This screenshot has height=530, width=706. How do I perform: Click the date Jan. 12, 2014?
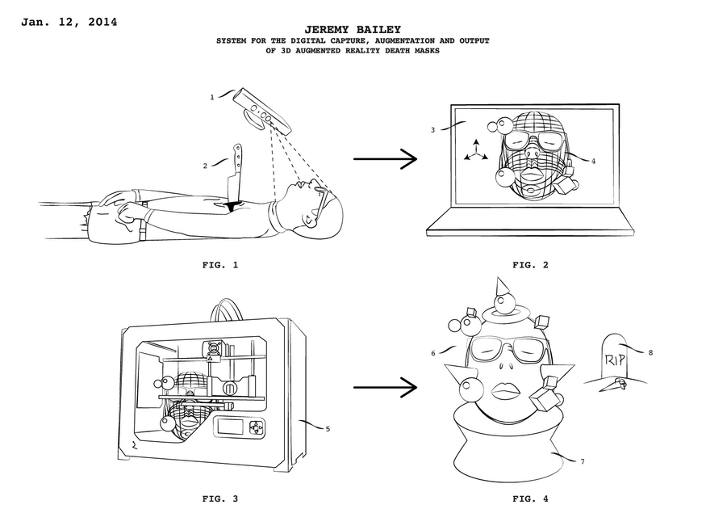[x=69, y=22]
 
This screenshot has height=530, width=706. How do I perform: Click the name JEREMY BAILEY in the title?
[x=352, y=28]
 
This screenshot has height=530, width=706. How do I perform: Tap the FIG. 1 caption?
[x=219, y=264]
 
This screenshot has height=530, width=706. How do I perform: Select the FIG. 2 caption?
[x=530, y=264]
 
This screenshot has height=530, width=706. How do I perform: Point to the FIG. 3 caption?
[x=219, y=498]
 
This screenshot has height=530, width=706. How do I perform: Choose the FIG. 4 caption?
[x=530, y=498]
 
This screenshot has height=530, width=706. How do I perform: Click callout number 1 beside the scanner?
[x=212, y=97]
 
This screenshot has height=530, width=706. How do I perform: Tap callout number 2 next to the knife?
[x=206, y=166]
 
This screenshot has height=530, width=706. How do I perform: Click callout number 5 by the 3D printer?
[x=327, y=429]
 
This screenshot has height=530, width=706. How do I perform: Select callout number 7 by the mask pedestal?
[x=582, y=461]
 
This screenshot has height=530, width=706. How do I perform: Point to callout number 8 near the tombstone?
[x=650, y=351]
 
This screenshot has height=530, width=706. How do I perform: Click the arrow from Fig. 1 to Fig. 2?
[x=385, y=159]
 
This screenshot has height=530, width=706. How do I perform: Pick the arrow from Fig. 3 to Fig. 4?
[x=385, y=388]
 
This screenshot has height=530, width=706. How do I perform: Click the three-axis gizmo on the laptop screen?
[x=476, y=150]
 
